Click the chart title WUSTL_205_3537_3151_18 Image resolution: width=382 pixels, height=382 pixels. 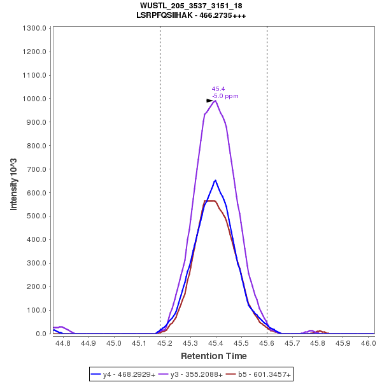coord(191,6)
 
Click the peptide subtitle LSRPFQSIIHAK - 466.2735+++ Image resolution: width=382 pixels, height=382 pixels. coord(191,15)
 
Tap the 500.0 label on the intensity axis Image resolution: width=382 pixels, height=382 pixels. coord(37,216)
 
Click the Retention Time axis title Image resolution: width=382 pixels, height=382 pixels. coord(214,356)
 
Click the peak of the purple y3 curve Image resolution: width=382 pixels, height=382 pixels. coord(216,101)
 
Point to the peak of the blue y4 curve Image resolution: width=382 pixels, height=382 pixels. coord(216,180)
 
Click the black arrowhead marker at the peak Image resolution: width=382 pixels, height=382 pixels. coord(209,101)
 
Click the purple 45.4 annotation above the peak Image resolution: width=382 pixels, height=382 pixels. coord(218,89)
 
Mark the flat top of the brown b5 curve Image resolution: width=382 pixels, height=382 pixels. coord(211,201)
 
